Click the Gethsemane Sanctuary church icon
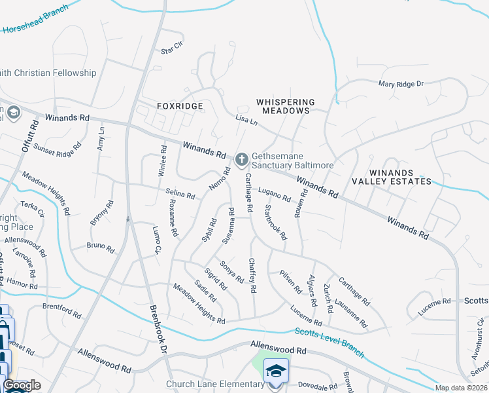click(x=241, y=159)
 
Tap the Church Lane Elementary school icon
click(x=276, y=371)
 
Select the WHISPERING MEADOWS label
click(x=286, y=106)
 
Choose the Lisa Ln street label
click(x=246, y=120)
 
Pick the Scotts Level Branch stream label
click(x=329, y=341)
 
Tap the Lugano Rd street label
click(x=274, y=195)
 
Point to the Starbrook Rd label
click(x=275, y=223)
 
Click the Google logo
click(x=22, y=386)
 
